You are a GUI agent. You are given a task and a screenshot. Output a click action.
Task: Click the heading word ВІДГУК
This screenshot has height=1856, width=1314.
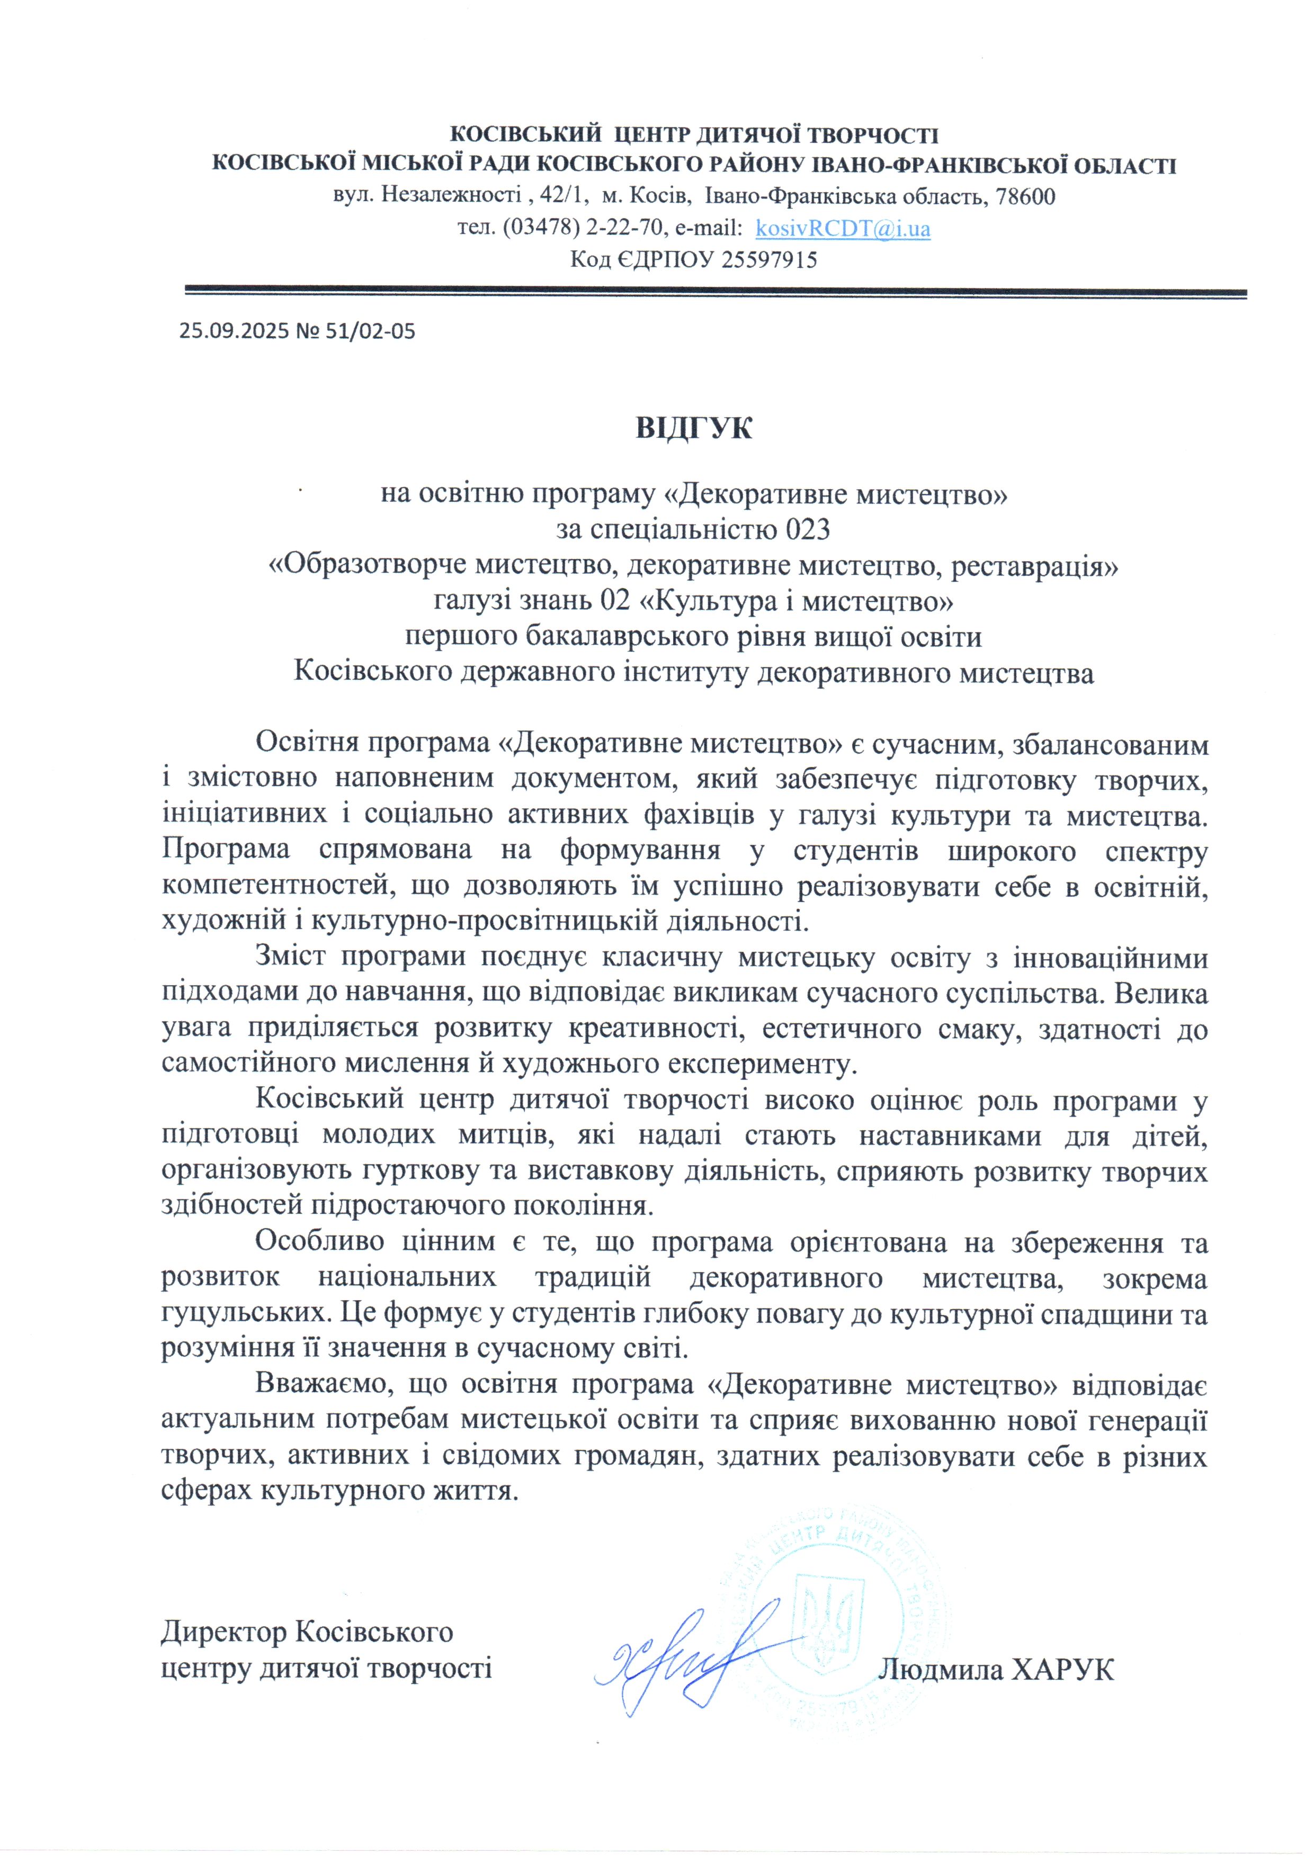pyautogui.click(x=693, y=427)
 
